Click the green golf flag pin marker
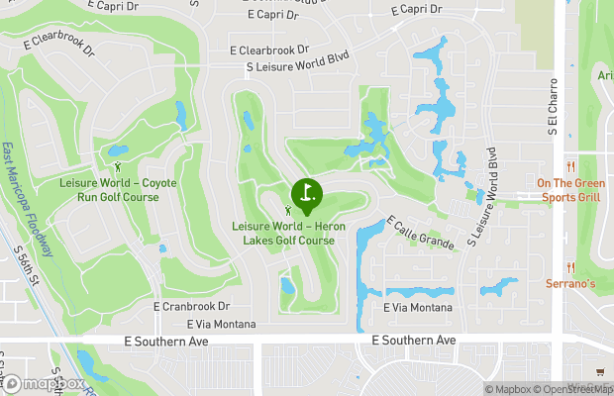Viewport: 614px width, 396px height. click(306, 193)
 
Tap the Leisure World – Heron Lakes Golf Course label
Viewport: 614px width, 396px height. click(284, 233)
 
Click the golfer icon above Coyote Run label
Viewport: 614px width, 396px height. click(119, 167)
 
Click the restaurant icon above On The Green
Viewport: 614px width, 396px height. click(570, 166)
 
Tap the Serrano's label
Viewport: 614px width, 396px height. click(569, 283)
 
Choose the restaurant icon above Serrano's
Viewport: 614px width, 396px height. click(570, 267)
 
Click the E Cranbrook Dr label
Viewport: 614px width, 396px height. click(191, 307)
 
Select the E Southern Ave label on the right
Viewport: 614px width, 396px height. click(414, 340)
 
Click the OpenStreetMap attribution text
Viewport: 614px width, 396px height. click(574, 389)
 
